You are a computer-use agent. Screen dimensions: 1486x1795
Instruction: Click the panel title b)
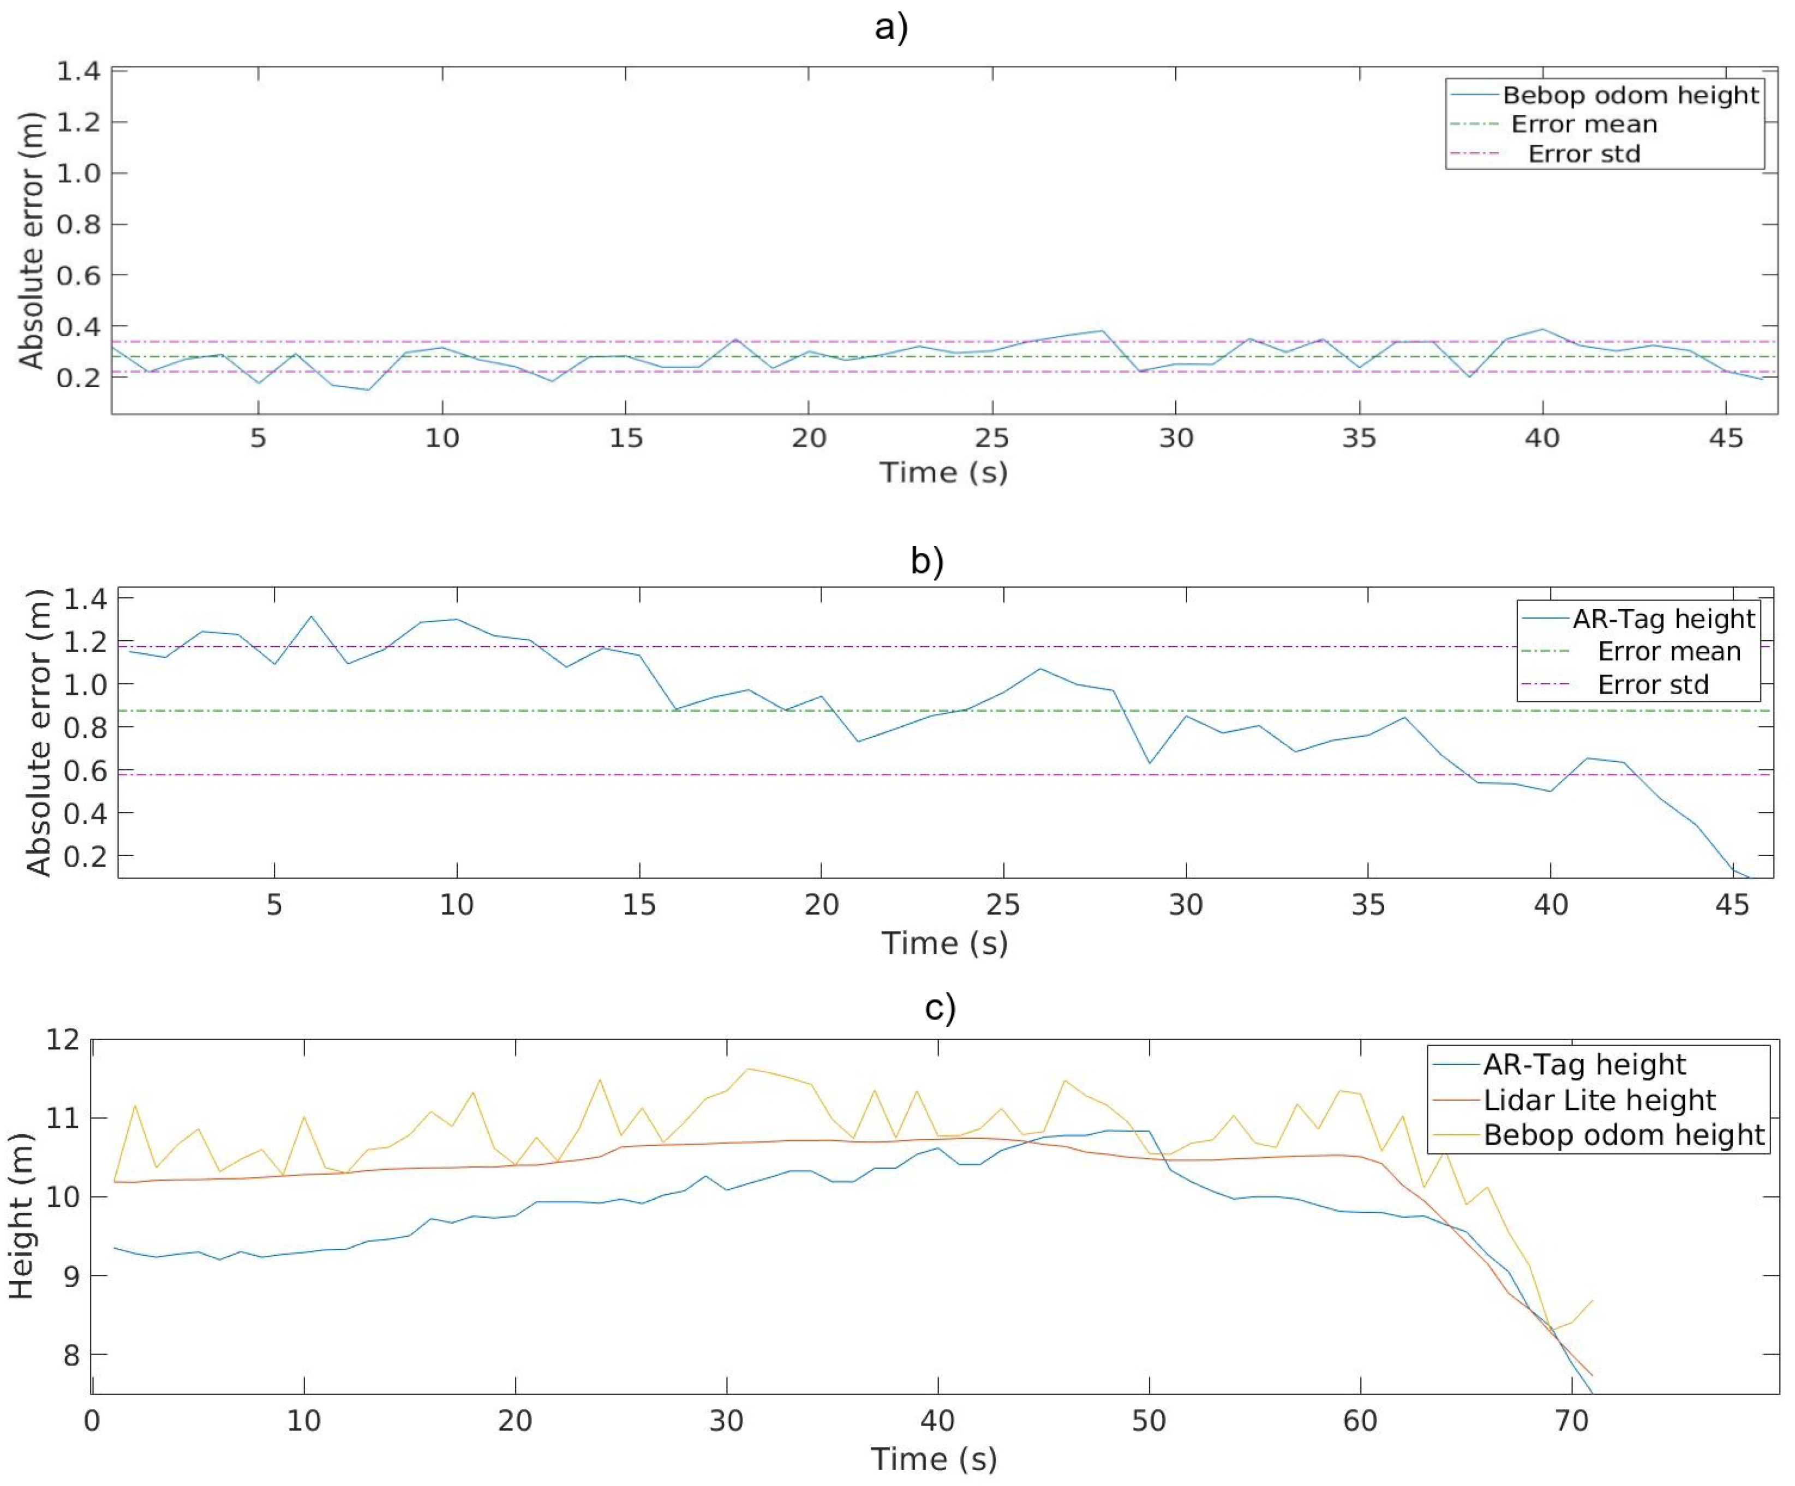[926, 562]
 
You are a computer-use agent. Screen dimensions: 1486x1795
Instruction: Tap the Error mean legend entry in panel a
[1583, 125]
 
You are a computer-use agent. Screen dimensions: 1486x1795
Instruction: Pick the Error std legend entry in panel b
[1652, 684]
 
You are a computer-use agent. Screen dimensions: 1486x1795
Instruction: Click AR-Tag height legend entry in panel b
[1662, 619]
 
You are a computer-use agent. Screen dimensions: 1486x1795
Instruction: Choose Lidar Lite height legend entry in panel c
[1599, 1100]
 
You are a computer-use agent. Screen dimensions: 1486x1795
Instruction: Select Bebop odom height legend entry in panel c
[1623, 1135]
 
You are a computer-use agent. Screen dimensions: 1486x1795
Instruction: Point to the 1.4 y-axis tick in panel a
[78, 71]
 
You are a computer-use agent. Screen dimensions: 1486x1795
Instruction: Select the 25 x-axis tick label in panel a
[991, 438]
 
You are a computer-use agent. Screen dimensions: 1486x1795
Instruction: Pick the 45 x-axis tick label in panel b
[1732, 904]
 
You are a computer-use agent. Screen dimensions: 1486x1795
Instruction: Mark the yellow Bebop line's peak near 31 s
[749, 1068]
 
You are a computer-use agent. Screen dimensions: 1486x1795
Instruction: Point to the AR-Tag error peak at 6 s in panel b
[311, 616]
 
